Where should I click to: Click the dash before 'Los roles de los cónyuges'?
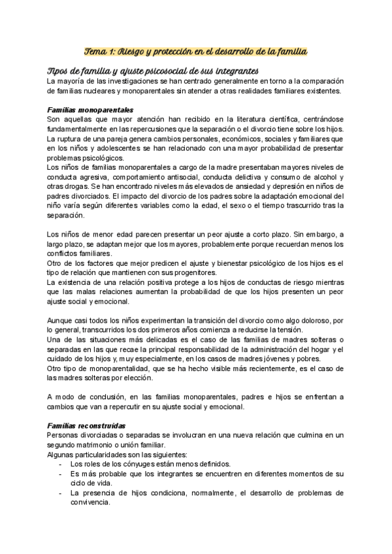click(60, 464)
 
